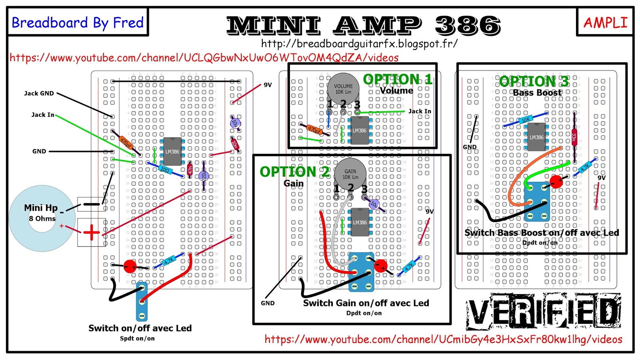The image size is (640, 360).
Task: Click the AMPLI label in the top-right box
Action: click(x=605, y=22)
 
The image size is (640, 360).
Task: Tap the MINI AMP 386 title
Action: click(x=363, y=25)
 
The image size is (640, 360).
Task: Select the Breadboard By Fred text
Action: click(x=78, y=22)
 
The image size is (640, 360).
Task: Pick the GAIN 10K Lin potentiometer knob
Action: click(x=350, y=173)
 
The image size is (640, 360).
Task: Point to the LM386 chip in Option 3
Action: click(x=536, y=137)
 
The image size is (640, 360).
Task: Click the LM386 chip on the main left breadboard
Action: click(x=172, y=152)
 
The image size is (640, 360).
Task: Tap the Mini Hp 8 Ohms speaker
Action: click(x=42, y=218)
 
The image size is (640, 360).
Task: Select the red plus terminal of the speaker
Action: click(x=91, y=232)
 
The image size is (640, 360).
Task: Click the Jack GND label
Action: click(x=39, y=93)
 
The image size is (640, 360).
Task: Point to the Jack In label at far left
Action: click(x=43, y=115)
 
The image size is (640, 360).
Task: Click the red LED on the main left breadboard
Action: click(x=130, y=266)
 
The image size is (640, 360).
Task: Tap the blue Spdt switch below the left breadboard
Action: click(x=142, y=302)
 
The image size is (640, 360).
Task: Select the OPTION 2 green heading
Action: click(x=294, y=172)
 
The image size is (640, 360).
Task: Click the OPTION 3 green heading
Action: click(x=534, y=81)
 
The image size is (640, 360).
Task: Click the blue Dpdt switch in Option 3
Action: click(x=537, y=202)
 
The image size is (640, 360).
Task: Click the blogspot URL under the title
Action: click(x=359, y=43)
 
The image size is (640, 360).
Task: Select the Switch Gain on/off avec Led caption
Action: click(x=366, y=303)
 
